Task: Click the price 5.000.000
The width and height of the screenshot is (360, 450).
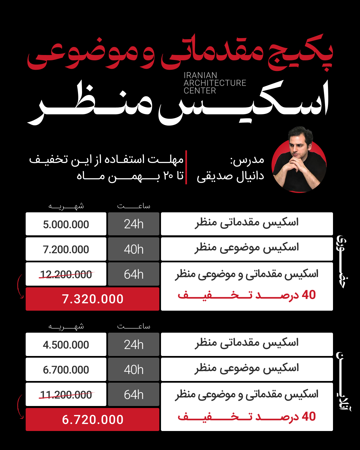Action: point(66,224)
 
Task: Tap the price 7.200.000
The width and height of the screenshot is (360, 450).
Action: point(66,249)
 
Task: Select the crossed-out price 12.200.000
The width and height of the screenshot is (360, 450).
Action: point(66,274)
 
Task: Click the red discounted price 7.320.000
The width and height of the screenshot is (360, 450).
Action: point(93,299)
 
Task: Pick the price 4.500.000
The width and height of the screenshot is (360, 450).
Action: point(66,345)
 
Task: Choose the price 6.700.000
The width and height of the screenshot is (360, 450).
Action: point(66,370)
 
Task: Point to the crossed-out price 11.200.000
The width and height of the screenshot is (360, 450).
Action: point(66,395)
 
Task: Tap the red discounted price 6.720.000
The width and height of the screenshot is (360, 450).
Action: point(93,419)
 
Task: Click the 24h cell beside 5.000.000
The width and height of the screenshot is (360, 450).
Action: point(134,224)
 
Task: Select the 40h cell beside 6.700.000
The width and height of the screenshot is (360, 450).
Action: point(134,370)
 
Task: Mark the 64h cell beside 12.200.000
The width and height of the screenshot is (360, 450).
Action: point(134,274)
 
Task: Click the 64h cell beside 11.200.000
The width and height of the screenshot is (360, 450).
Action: point(134,395)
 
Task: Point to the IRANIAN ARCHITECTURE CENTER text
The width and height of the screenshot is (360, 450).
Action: point(215,83)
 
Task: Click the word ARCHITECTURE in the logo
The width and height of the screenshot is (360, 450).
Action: point(215,83)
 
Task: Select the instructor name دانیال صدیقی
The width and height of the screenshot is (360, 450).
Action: point(230,176)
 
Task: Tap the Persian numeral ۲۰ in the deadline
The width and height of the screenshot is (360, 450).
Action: point(168,175)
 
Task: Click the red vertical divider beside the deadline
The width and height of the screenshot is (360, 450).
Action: point(186,167)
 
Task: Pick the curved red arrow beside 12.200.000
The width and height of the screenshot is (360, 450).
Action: point(20,286)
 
